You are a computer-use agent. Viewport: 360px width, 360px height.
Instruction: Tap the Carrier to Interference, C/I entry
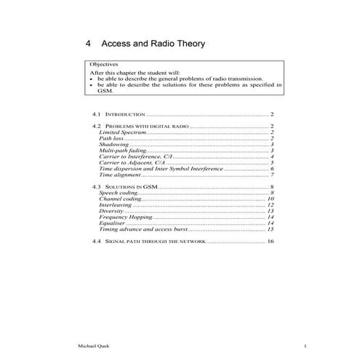pos(135,157)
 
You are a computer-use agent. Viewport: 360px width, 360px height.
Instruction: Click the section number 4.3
pos(97,187)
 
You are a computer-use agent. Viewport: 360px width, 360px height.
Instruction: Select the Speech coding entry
pos(118,193)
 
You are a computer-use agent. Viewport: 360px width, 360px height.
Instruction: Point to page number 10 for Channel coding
pos(270,199)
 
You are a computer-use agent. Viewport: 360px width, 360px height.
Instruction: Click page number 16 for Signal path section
pos(270,241)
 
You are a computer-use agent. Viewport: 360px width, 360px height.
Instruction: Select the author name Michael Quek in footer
pos(91,345)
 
